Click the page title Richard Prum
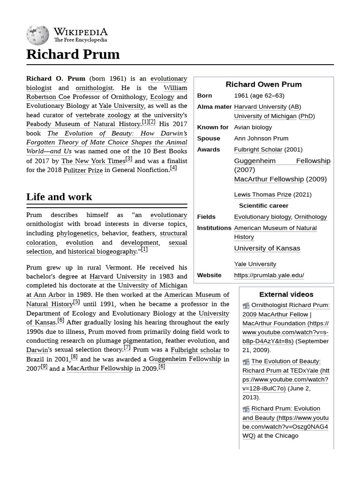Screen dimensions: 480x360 tap(73, 54)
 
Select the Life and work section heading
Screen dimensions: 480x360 tap(59, 197)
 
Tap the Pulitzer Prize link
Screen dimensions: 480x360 tap(83, 170)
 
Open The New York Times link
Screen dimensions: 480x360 tap(93, 161)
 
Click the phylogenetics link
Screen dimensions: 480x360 tap(77, 233)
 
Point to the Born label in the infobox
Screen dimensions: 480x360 tap(204, 96)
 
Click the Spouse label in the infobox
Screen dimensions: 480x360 tap(208, 138)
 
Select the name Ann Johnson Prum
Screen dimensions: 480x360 tap(261, 138)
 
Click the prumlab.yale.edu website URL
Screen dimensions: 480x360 tap(269, 275)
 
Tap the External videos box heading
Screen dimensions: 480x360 tap(286, 294)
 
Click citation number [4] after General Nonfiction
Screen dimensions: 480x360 tap(173, 168)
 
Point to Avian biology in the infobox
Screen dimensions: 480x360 tap(253, 127)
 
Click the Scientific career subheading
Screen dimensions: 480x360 tap(263, 206)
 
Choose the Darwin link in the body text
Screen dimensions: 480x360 tap(37, 350)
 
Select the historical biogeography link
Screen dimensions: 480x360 tap(102, 252)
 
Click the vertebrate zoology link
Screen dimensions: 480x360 tap(103, 115)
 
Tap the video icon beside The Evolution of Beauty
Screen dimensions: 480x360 tap(246, 361)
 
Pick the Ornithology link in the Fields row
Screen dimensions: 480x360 tap(310, 217)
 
